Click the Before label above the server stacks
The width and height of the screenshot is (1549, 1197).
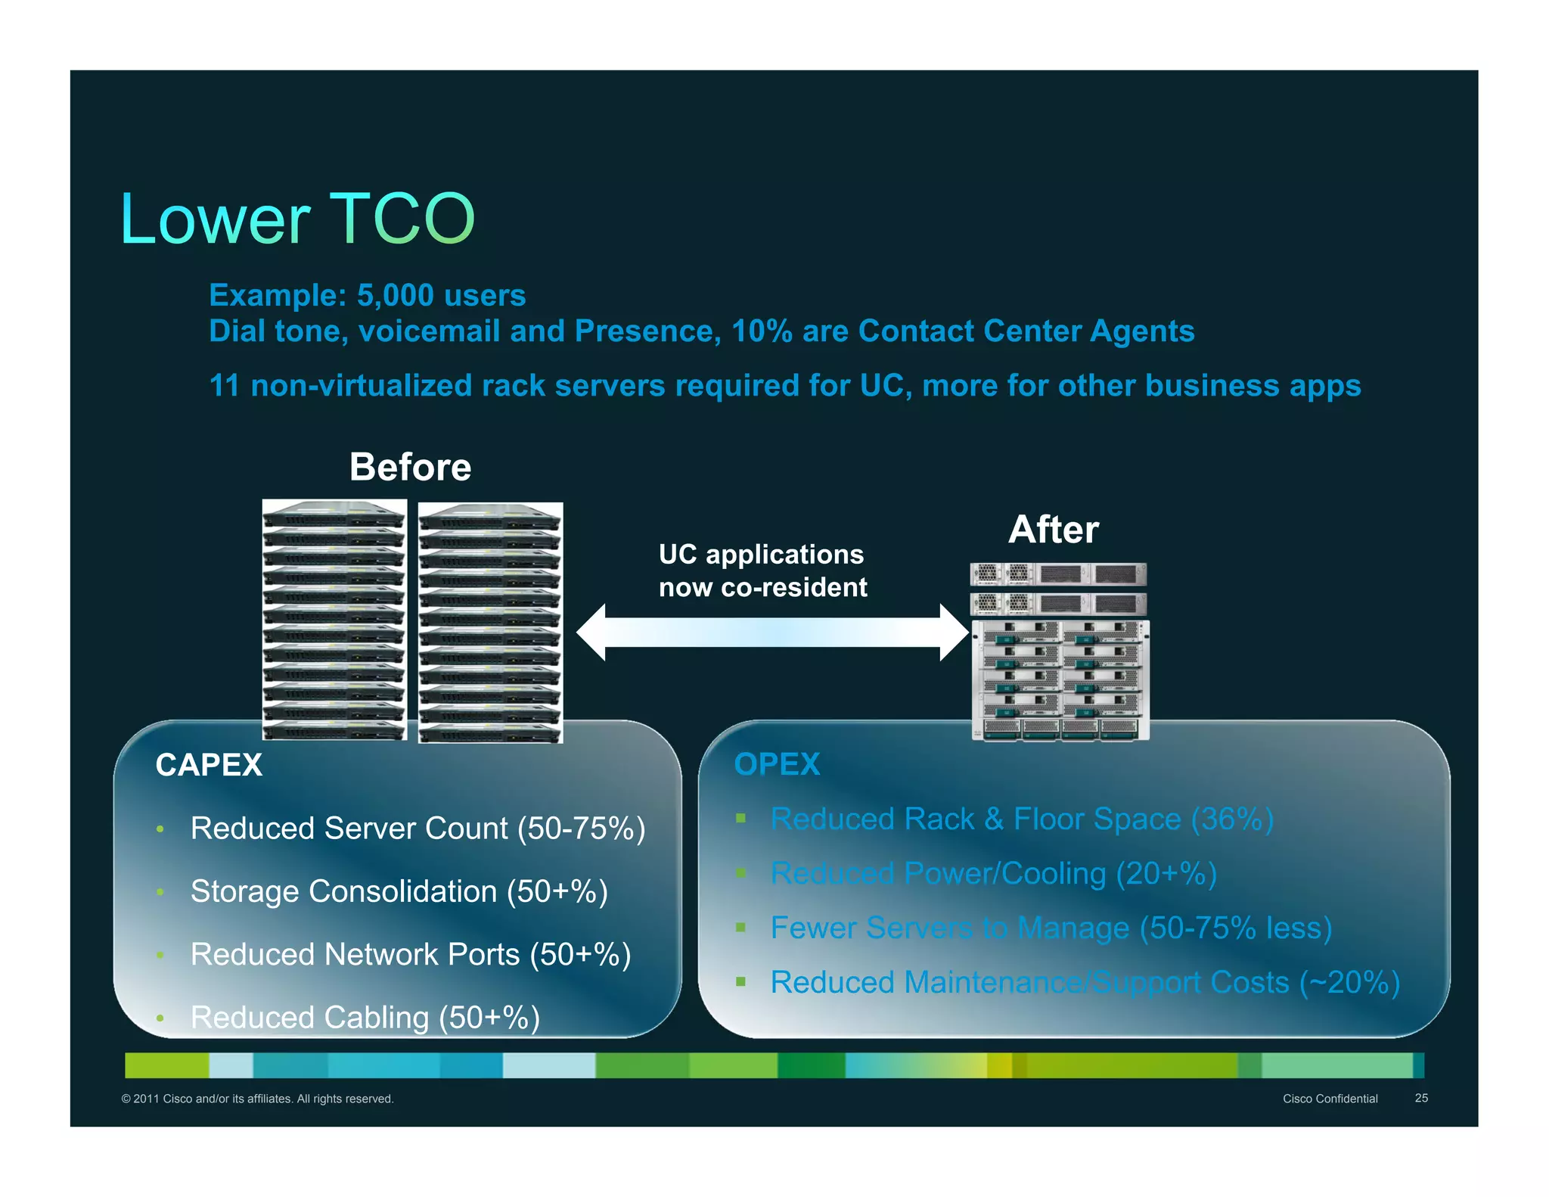(410, 467)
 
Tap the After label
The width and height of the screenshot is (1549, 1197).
(1053, 530)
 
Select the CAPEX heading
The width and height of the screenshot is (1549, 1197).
(209, 765)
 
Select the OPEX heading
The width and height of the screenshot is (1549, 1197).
(777, 764)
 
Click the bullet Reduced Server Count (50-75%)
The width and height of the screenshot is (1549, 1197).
(418, 829)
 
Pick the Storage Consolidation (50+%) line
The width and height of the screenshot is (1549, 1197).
(399, 891)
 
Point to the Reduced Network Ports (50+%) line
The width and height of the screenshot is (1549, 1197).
(410, 955)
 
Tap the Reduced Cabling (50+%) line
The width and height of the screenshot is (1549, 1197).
(365, 1018)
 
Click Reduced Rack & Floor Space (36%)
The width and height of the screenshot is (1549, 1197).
(1021, 819)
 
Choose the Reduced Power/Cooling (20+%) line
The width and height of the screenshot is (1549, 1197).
(993, 874)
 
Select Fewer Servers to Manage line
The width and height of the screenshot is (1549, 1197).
(1051, 928)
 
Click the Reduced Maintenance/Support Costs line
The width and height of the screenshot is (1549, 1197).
(1085, 983)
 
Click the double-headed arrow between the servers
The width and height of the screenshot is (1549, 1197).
(771, 633)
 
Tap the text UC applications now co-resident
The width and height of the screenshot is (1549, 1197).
(762, 571)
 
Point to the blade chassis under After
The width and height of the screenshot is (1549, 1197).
(1060, 679)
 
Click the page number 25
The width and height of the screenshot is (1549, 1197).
(1421, 1098)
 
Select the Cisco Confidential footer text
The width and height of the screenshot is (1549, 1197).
(1330, 1099)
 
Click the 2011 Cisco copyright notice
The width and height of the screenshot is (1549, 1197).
(257, 1099)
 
